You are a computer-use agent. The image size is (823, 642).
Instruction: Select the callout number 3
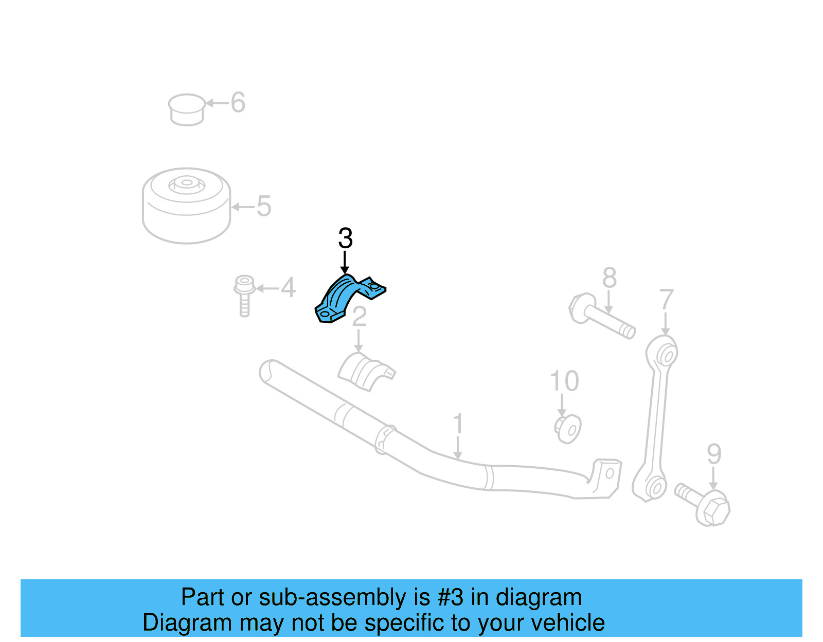(x=345, y=239)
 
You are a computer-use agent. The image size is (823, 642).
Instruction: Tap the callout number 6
(x=238, y=102)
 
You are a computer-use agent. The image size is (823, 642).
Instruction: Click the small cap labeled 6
(x=186, y=109)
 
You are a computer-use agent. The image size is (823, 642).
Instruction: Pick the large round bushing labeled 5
(x=186, y=205)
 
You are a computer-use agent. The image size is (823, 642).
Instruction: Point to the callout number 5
(x=263, y=206)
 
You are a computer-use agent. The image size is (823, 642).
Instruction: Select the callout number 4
(x=288, y=287)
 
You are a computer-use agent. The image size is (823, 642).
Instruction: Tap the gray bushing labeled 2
(x=365, y=371)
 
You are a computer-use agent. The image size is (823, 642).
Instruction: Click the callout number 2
(x=359, y=317)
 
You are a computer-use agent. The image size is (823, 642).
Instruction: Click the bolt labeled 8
(x=601, y=316)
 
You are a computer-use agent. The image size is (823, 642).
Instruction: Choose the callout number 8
(x=609, y=278)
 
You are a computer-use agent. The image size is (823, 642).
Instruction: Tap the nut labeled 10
(x=568, y=428)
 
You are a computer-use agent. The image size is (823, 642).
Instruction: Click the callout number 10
(x=564, y=381)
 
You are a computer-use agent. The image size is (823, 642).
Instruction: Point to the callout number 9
(x=714, y=454)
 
